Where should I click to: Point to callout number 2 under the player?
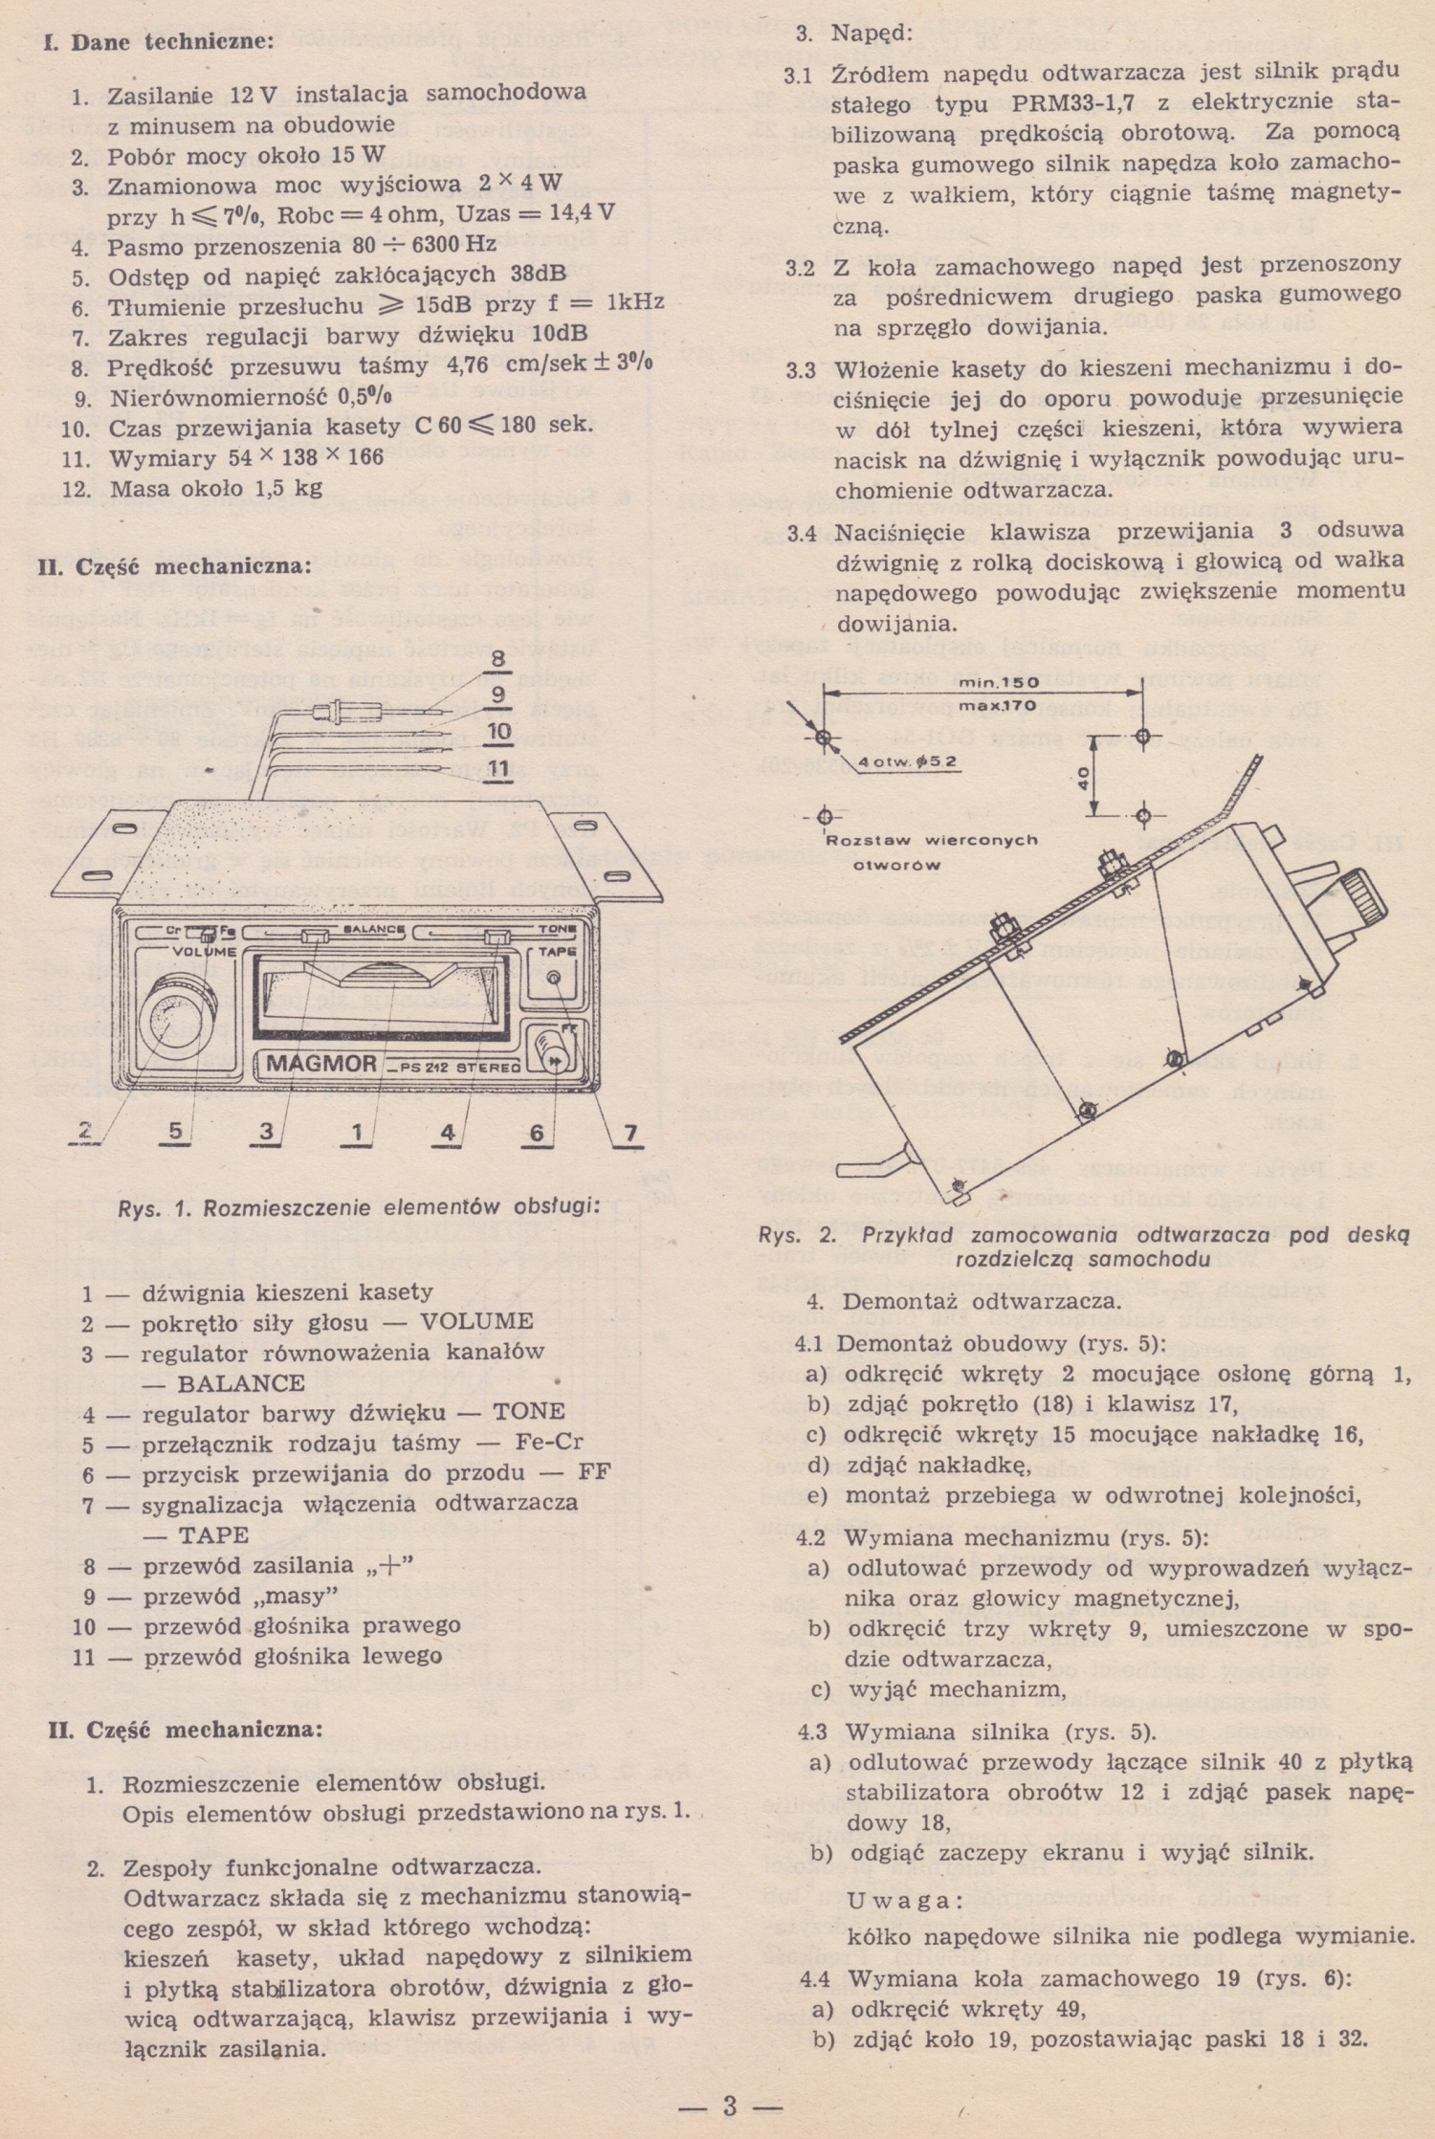click(86, 1131)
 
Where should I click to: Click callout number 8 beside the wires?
click(497, 658)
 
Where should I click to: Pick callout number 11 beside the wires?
click(497, 767)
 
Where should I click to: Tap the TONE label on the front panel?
click(557, 930)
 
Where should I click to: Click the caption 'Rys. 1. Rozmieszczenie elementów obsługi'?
click(359, 1206)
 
